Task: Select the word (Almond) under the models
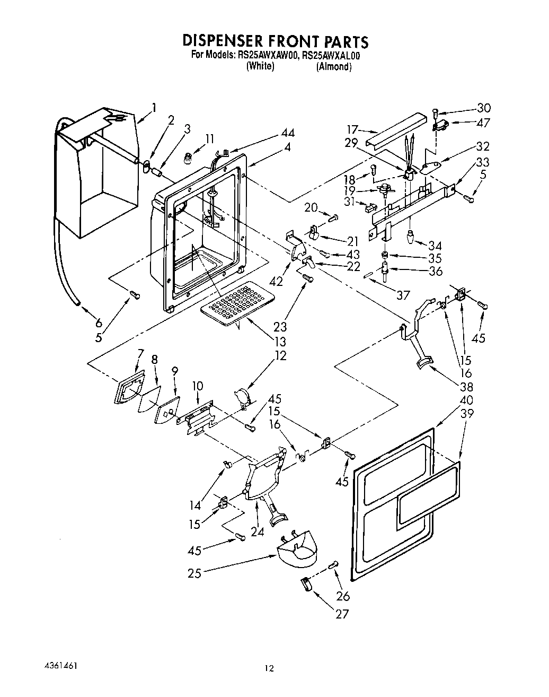(x=334, y=67)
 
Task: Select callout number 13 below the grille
(x=280, y=342)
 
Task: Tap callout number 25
(x=194, y=573)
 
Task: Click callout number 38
(x=466, y=386)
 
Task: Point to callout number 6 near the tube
(x=98, y=323)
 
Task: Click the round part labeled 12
(x=241, y=395)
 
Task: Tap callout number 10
(x=197, y=386)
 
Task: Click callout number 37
(x=403, y=294)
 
